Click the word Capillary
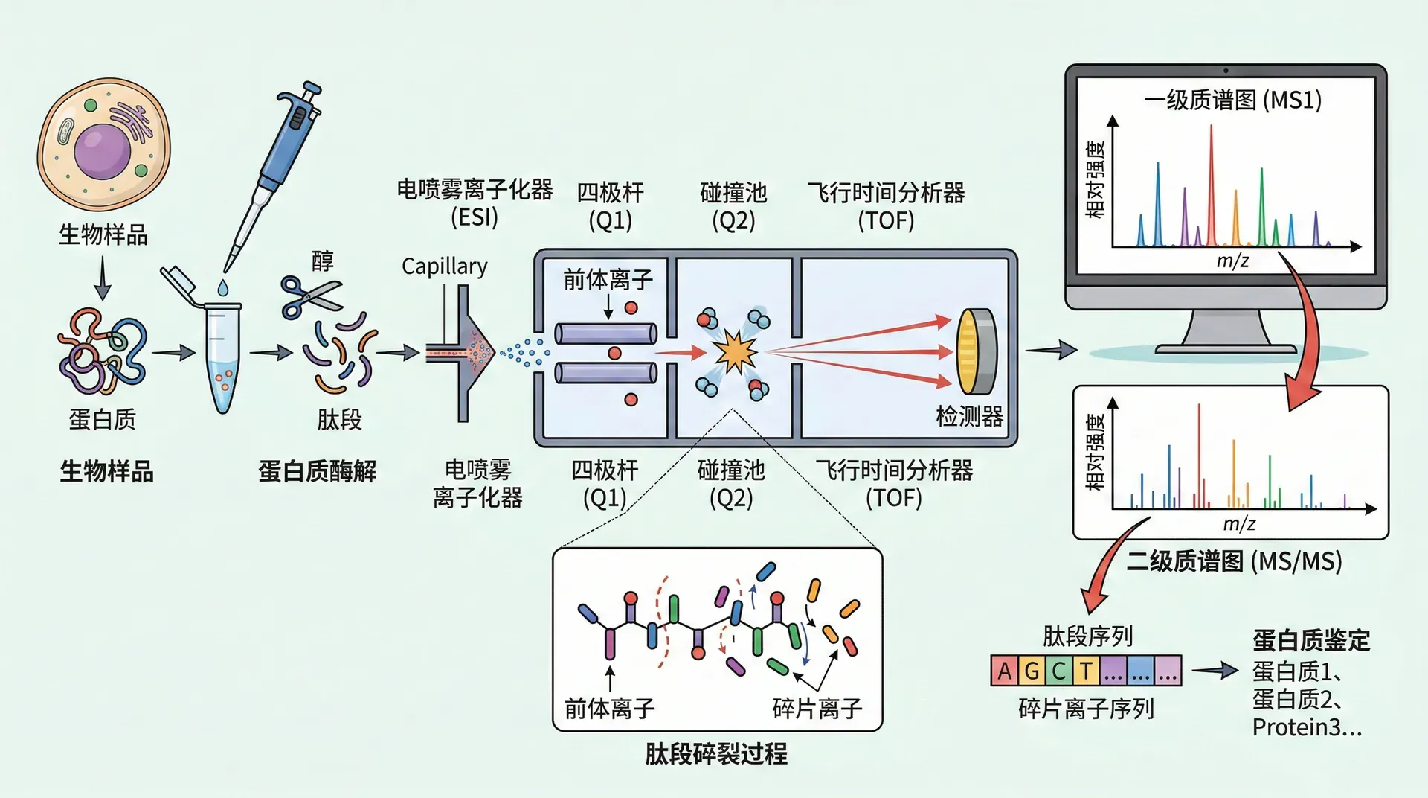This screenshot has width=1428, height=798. (x=444, y=266)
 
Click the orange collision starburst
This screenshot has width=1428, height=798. (x=735, y=353)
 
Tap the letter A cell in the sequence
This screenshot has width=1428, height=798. (x=1004, y=671)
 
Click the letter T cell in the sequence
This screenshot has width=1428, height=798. (x=1086, y=671)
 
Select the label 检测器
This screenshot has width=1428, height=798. (x=969, y=416)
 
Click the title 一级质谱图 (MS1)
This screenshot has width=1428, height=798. (x=1232, y=100)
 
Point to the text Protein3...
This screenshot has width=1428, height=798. (x=1306, y=727)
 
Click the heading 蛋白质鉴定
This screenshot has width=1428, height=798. (x=1310, y=640)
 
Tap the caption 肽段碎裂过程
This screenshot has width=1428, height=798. (x=715, y=754)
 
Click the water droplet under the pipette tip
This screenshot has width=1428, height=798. (x=223, y=287)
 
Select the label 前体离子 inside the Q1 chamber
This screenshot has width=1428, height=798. (x=608, y=280)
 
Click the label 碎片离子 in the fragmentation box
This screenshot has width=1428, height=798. (x=817, y=708)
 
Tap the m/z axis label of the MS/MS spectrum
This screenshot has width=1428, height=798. (x=1239, y=524)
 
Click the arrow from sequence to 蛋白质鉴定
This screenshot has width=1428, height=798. (x=1215, y=671)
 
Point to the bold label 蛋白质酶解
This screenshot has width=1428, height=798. (x=317, y=471)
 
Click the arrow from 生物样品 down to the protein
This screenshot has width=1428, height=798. (x=103, y=277)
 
